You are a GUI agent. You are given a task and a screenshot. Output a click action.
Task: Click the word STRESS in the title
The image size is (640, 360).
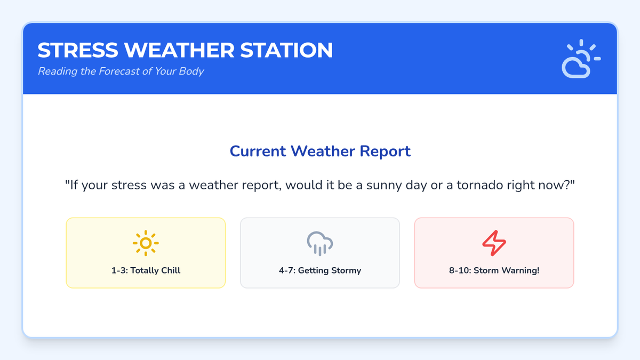click(x=78, y=50)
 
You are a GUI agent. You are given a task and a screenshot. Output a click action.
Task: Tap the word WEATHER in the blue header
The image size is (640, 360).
click(x=179, y=50)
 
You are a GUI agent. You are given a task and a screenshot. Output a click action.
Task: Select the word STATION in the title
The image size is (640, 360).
click(x=286, y=50)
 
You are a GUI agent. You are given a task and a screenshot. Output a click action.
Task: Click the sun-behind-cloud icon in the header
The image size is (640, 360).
click(x=581, y=59)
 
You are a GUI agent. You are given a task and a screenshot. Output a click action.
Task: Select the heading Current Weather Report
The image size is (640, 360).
click(x=320, y=151)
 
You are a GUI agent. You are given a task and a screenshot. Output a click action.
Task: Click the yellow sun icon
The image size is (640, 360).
click(x=146, y=243)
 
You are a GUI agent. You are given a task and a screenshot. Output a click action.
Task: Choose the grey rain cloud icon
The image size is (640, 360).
click(x=320, y=243)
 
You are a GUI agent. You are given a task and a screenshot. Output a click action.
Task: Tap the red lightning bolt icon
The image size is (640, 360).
click(x=494, y=243)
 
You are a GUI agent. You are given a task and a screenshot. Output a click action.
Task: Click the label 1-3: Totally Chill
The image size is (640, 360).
click(x=146, y=270)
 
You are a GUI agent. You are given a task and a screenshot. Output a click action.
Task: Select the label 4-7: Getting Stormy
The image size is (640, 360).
click(x=320, y=270)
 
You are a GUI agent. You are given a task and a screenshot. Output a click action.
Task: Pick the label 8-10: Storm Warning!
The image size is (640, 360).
click(x=494, y=270)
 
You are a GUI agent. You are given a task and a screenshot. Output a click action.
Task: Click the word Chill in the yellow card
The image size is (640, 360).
click(x=171, y=270)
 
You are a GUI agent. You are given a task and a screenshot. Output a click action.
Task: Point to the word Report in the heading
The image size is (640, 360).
click(x=385, y=151)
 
